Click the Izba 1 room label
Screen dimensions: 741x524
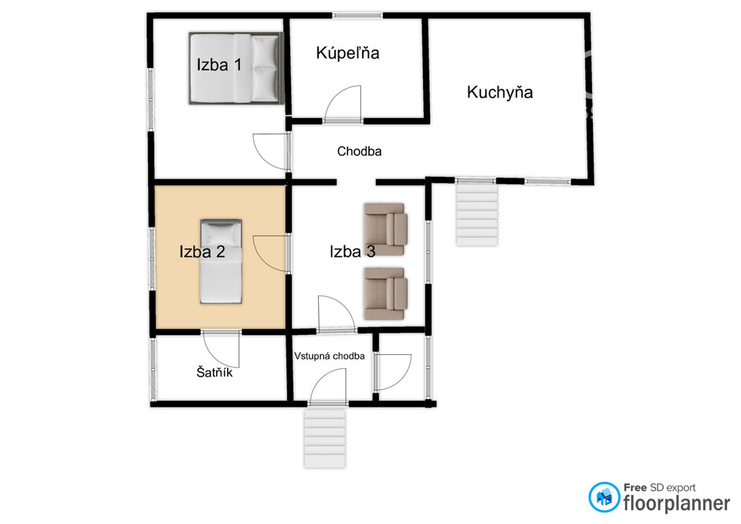218,64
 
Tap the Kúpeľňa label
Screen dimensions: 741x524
348,52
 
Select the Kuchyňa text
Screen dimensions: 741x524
500,92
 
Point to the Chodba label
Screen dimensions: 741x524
359,151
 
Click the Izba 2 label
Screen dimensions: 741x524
202,252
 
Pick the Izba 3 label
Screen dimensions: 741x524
353,252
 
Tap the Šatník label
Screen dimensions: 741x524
215,372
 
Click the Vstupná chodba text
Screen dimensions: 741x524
330,356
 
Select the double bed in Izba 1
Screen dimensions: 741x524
236,68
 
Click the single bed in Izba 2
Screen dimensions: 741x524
222,262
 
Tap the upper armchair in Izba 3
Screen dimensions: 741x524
386,229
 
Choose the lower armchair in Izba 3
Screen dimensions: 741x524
386,293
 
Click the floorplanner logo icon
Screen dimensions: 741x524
604,497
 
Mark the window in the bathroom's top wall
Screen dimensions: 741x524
357,15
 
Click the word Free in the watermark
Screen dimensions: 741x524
635,487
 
